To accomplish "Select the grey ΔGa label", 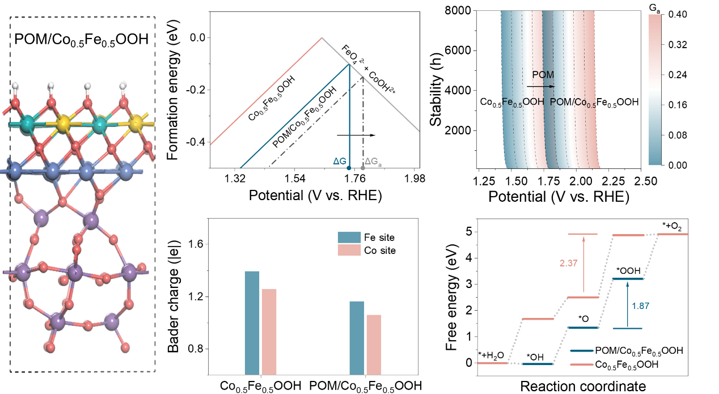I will [x=373, y=162].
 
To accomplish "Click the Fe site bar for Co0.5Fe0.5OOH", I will [x=252, y=323].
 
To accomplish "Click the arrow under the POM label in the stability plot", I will [x=541, y=87].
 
